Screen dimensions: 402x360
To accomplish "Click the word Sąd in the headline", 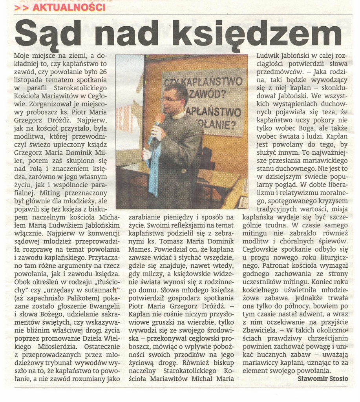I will tap(47, 33).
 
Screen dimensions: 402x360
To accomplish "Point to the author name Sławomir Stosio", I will tap(322, 378).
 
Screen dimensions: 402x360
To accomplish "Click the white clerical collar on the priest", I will tap(179, 115).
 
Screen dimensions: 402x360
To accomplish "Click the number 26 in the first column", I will tap(103, 71).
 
